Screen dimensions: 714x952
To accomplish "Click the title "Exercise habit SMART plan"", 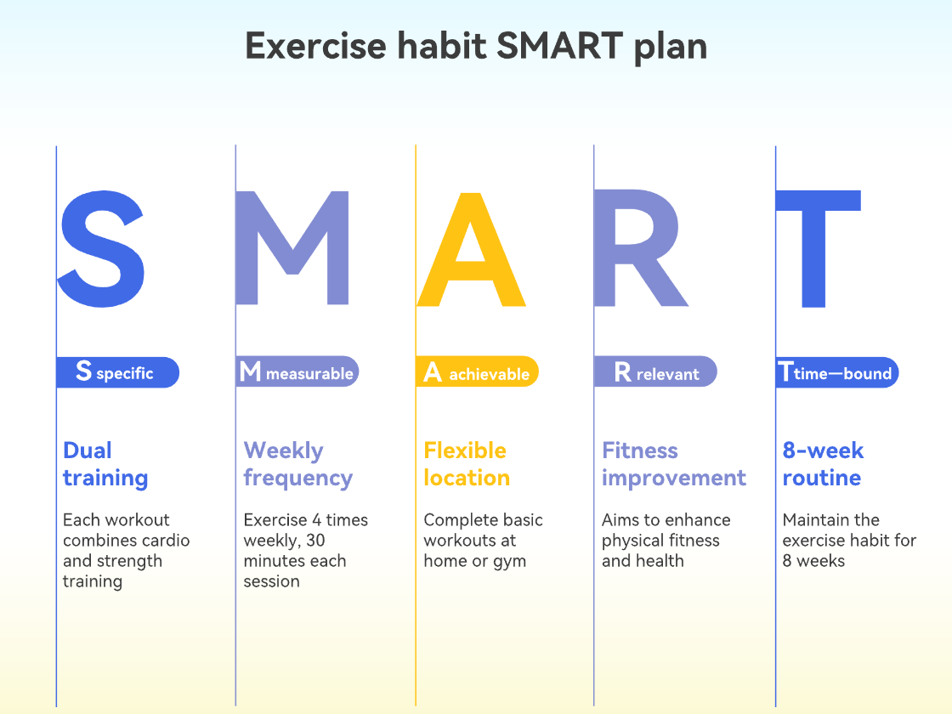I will click(x=476, y=46).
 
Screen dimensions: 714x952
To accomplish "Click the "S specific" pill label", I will click(x=117, y=372).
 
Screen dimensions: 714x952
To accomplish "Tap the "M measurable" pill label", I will click(x=297, y=372).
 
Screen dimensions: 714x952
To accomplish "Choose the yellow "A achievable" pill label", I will click(x=477, y=372).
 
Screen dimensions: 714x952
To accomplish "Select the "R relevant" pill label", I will click(x=655, y=372).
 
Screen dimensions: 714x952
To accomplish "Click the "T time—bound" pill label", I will click(x=836, y=372).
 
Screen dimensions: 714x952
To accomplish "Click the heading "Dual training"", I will click(x=105, y=464).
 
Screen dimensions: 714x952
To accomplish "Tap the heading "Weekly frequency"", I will click(x=297, y=464).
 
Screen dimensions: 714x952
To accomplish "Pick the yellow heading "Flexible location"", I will click(x=466, y=464).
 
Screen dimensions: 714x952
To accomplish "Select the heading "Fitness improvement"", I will click(x=673, y=464).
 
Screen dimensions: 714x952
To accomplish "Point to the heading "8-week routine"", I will click(x=822, y=464).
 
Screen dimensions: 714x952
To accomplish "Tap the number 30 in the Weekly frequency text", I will click(x=316, y=541).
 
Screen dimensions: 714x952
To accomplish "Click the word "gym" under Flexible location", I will click(x=509, y=562).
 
